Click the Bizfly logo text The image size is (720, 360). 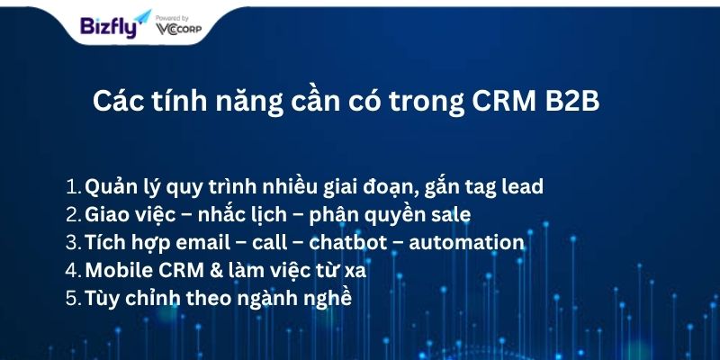tap(109, 27)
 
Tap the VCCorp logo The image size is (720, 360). tap(178, 30)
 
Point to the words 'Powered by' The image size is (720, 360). tap(172, 18)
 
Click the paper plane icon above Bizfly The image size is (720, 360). tap(142, 16)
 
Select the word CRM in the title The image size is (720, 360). tap(504, 102)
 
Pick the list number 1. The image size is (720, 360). tap(74, 186)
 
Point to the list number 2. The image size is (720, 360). tap(74, 215)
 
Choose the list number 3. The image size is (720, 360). tap(74, 243)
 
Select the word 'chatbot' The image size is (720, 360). tap(348, 242)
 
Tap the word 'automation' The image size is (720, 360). tap(466, 242)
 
